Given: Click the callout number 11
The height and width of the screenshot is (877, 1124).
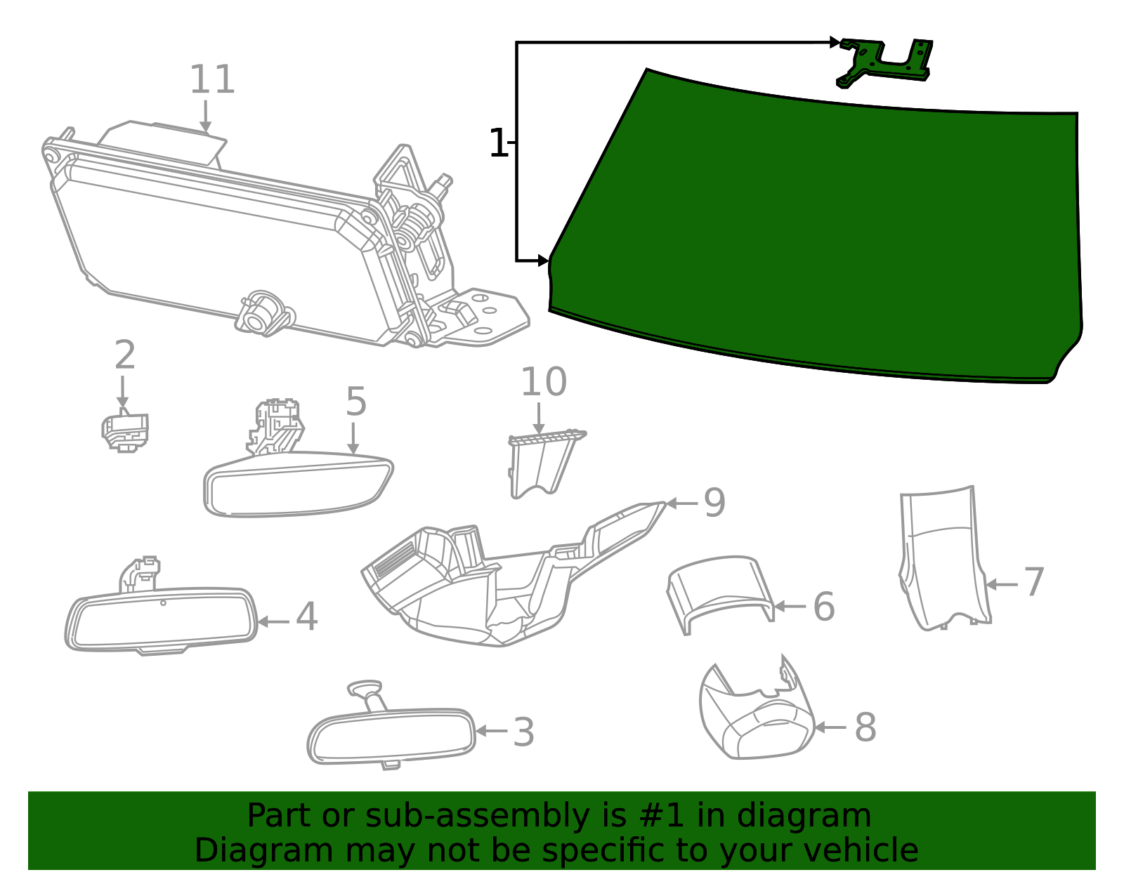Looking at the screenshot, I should coord(211,80).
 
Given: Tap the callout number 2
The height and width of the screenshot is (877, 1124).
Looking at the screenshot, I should coord(124,356).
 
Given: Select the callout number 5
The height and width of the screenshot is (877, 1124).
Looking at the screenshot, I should coord(355,402).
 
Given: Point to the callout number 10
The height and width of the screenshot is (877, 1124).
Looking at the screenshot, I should coord(543,383).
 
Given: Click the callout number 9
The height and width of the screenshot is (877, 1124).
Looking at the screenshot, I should coord(714,503).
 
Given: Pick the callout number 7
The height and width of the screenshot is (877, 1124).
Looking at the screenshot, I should coord(1033,583).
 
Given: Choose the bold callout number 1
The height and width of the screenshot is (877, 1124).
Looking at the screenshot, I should coord(497,144).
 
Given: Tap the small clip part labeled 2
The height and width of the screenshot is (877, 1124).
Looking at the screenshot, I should coord(125,431).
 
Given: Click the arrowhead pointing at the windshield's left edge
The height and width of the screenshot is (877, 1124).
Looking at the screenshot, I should coord(544,261).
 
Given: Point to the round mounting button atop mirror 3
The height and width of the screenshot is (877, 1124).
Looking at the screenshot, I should coord(365,687).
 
